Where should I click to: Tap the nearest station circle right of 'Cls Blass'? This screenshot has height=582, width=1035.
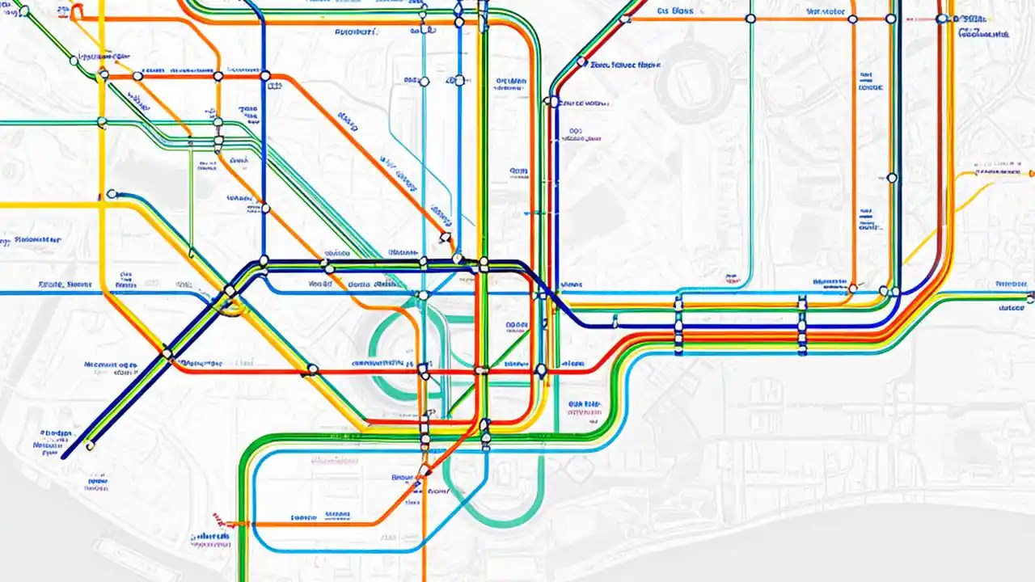pos(750,18)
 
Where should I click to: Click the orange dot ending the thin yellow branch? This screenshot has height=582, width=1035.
pos(1031,172)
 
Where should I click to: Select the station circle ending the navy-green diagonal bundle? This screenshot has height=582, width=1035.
pos(90,445)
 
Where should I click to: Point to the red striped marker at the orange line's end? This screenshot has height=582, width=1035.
pos(217,517)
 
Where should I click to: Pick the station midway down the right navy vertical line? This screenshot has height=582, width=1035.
pos(892,178)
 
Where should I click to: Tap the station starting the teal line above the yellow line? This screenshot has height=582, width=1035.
pos(112,195)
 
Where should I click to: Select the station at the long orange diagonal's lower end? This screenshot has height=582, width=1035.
pos(444,238)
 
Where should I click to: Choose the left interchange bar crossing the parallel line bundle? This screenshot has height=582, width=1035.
pos(678,326)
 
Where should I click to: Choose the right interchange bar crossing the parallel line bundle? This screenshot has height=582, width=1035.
pos(801,326)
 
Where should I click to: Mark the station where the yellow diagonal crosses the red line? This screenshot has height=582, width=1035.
pos(312,370)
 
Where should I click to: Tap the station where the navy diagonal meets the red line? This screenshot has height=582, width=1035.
pos(167,353)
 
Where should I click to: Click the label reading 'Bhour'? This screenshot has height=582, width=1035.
pos(402,477)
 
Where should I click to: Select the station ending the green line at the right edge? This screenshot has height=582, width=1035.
pos(1029,299)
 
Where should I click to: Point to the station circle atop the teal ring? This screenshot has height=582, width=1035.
pos(422,296)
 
